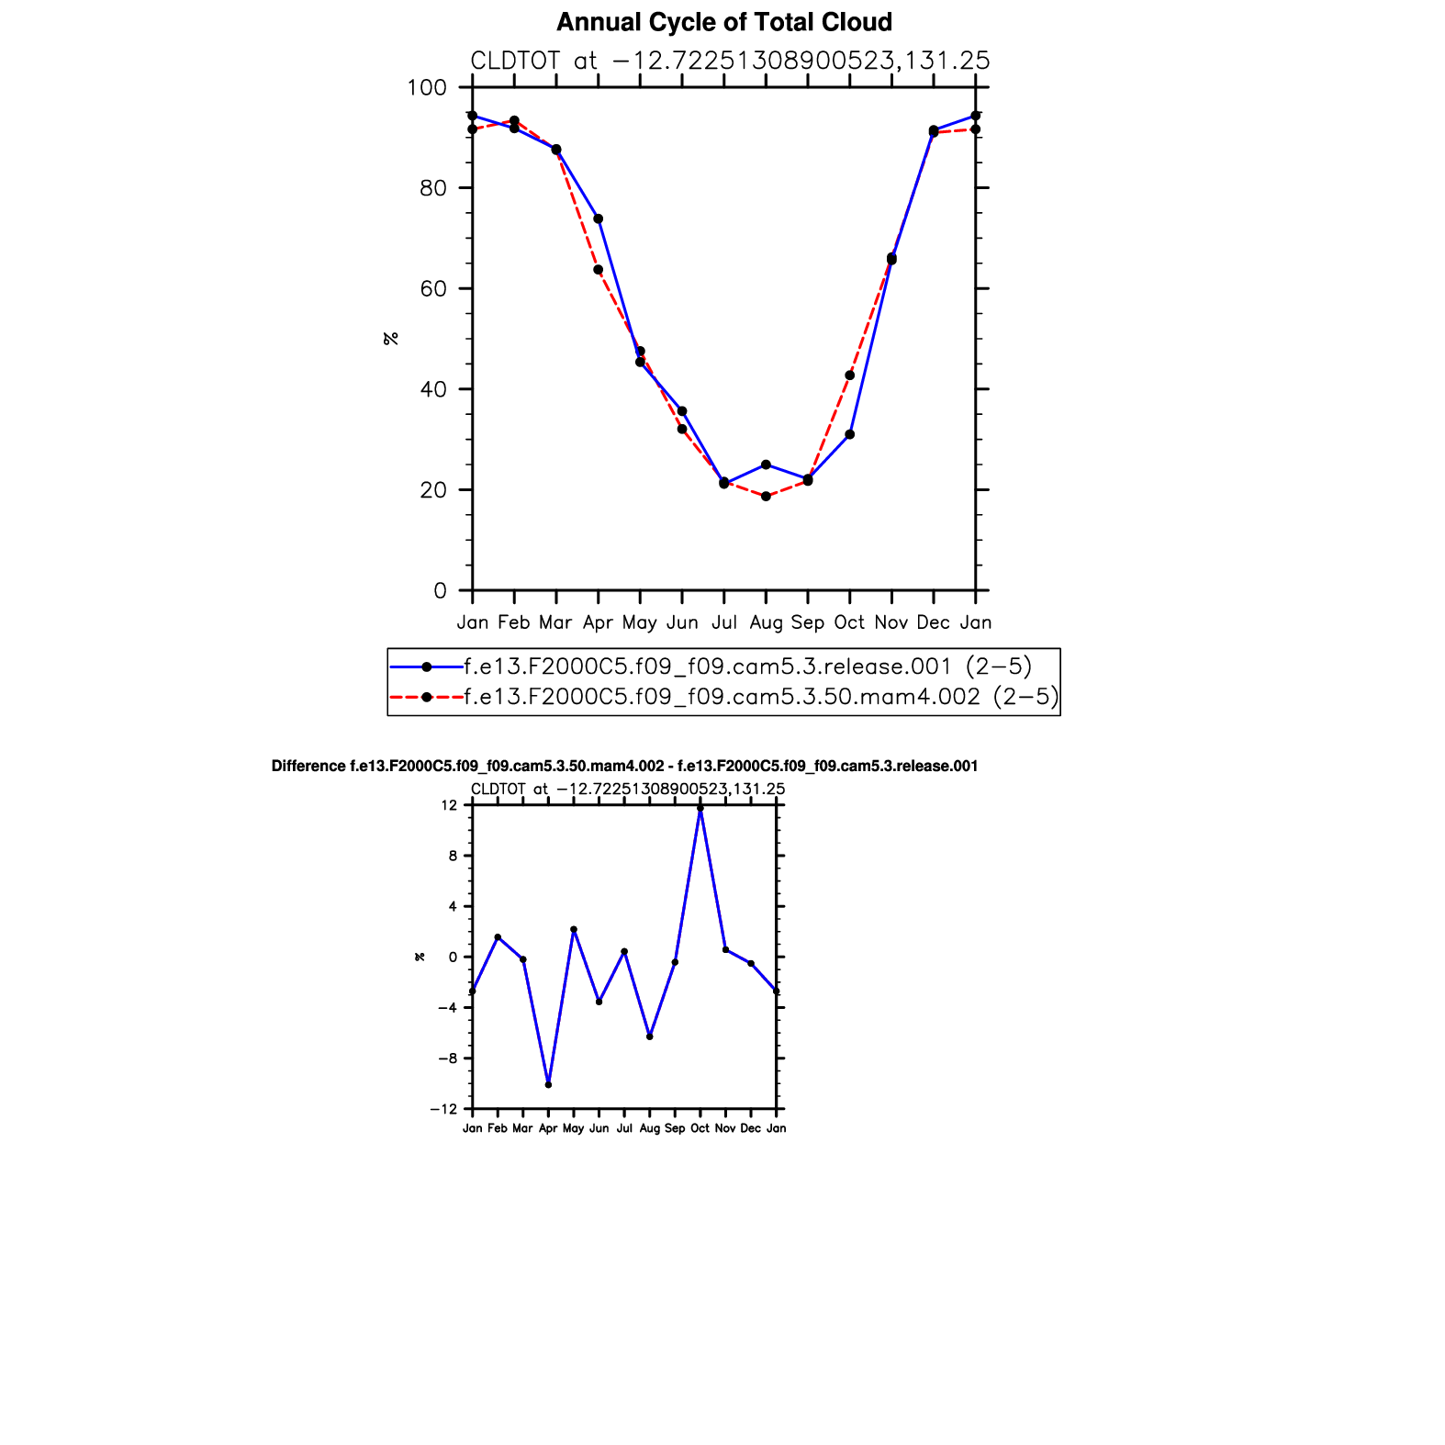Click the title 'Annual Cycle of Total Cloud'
(723, 22)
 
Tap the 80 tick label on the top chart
(433, 188)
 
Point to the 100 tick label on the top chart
(426, 88)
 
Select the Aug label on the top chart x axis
(766, 622)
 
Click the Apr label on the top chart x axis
(598, 622)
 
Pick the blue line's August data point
(766, 465)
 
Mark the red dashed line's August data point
(766, 497)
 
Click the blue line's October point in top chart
(850, 434)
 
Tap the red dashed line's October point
(850, 375)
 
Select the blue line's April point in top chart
(599, 218)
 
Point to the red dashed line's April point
(598, 270)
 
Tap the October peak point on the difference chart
(700, 808)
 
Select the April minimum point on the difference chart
(548, 1085)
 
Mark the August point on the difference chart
(650, 1036)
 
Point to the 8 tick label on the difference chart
(453, 856)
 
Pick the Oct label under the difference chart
(700, 1128)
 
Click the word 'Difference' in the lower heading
(308, 766)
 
